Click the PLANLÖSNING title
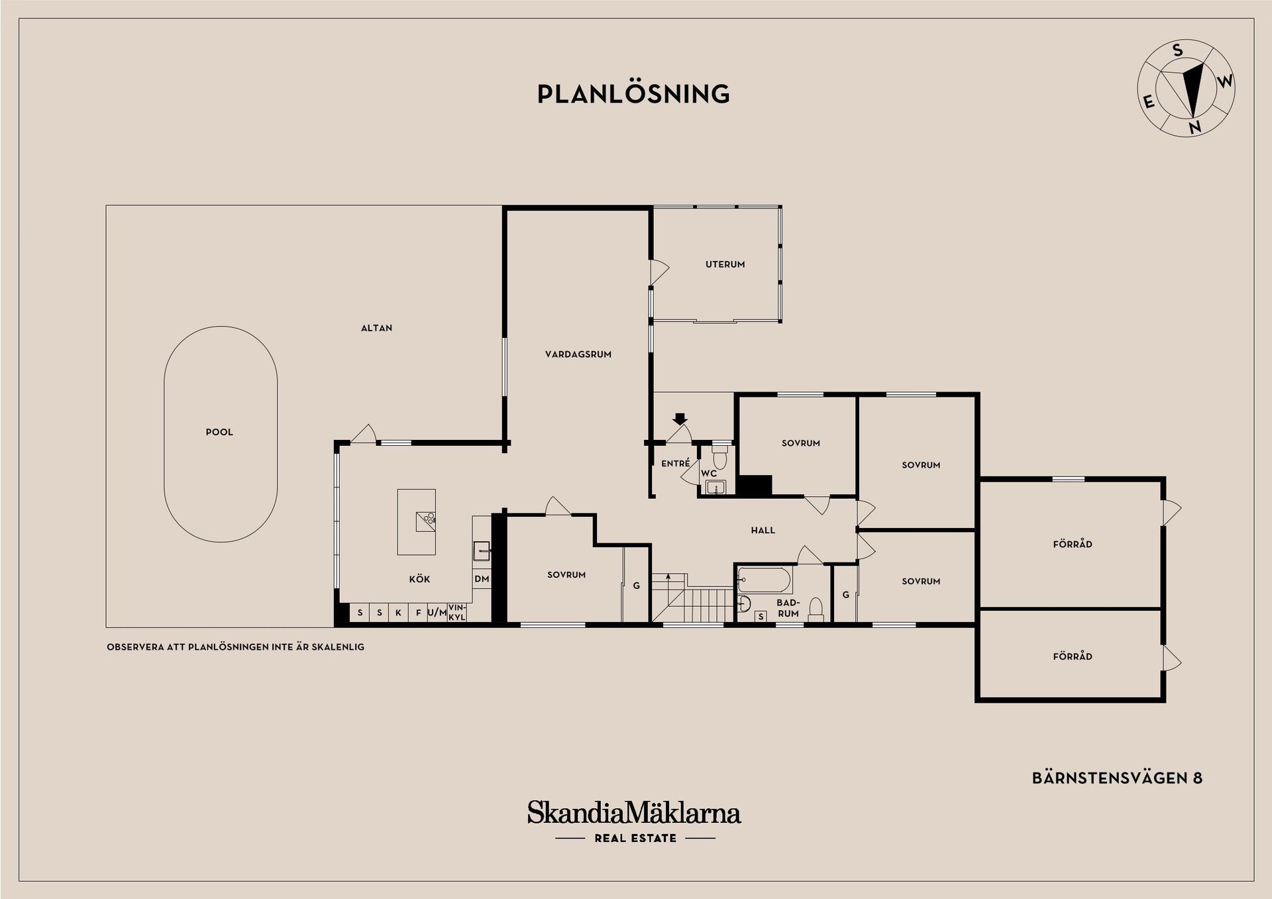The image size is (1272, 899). pyautogui.click(x=633, y=93)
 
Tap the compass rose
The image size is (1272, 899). pyautogui.click(x=1186, y=88)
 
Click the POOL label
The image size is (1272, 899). pyautogui.click(x=219, y=432)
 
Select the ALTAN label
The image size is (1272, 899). pyautogui.click(x=376, y=328)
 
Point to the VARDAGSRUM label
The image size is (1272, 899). pyautogui.click(x=578, y=354)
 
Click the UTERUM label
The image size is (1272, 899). pyautogui.click(x=725, y=264)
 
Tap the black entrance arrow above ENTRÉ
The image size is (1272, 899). pyautogui.click(x=680, y=419)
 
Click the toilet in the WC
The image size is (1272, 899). pyautogui.click(x=719, y=456)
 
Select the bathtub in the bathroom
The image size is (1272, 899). pyautogui.click(x=765, y=580)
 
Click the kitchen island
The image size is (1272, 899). pyautogui.click(x=416, y=522)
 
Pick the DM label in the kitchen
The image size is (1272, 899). pyautogui.click(x=482, y=579)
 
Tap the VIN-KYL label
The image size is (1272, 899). pyautogui.click(x=457, y=612)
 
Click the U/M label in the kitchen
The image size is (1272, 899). pyautogui.click(x=437, y=613)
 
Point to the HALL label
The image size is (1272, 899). pyautogui.click(x=763, y=530)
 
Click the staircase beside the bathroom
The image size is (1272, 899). pyautogui.click(x=693, y=597)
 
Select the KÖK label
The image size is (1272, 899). pyautogui.click(x=420, y=580)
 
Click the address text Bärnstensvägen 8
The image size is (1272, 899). pyautogui.click(x=1117, y=778)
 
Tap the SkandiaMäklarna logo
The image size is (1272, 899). pyautogui.click(x=634, y=820)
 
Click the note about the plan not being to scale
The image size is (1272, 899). pyautogui.click(x=235, y=647)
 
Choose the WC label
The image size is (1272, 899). pyautogui.click(x=709, y=474)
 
